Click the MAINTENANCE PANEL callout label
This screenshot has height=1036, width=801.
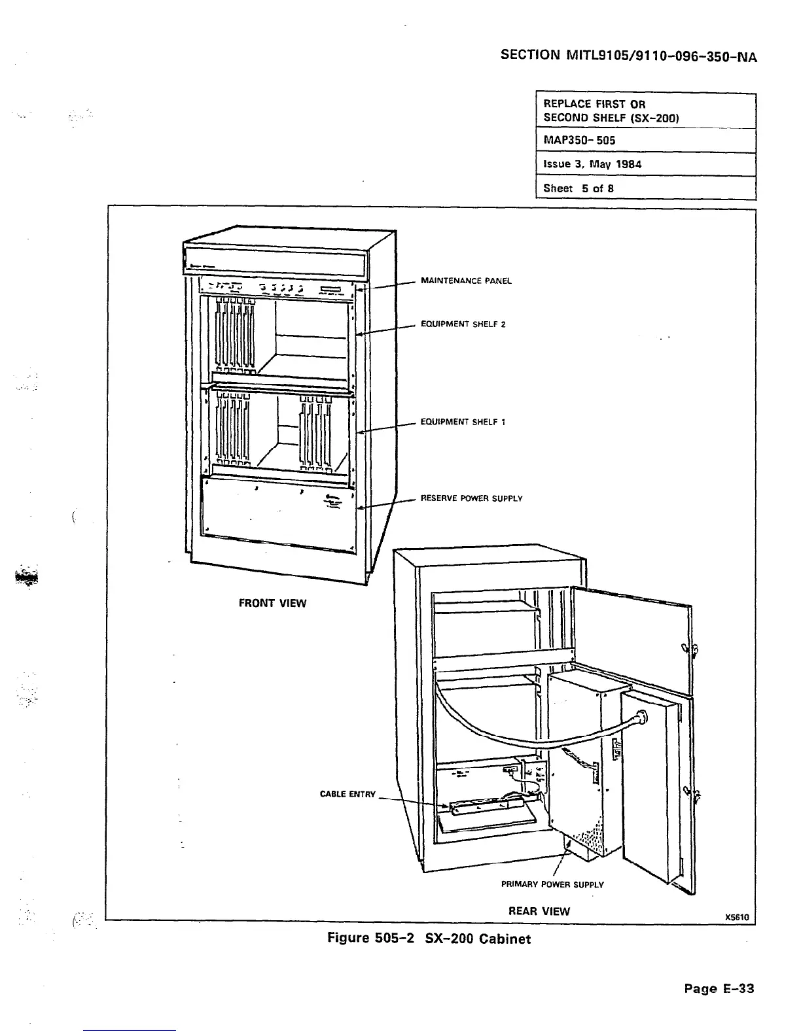tap(466, 281)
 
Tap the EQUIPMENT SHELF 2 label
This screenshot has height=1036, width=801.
tap(463, 324)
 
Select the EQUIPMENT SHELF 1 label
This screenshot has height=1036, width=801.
tap(463, 423)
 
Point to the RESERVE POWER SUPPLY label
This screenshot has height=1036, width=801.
tap(471, 499)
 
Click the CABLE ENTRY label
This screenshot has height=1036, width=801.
tap(347, 795)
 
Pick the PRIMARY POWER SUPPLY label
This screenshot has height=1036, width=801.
tap(552, 885)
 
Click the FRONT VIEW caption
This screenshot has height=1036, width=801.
tap(272, 603)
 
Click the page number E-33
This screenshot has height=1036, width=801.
tap(719, 988)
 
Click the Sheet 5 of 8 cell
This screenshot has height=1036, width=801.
tap(578, 188)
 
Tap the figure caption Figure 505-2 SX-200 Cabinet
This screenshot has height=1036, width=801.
tap(429, 939)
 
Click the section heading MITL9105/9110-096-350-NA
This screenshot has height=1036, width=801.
tap(628, 56)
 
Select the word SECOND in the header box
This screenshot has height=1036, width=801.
tap(565, 118)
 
